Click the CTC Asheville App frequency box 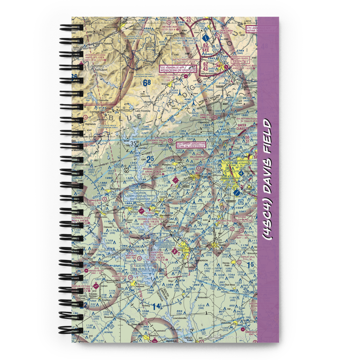click(178, 68)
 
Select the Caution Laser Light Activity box click(140, 196)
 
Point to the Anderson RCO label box click(165, 245)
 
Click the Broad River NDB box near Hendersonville click(241, 59)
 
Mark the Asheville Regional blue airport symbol click(206, 37)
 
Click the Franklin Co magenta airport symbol click(96, 285)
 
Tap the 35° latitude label click(134, 143)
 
